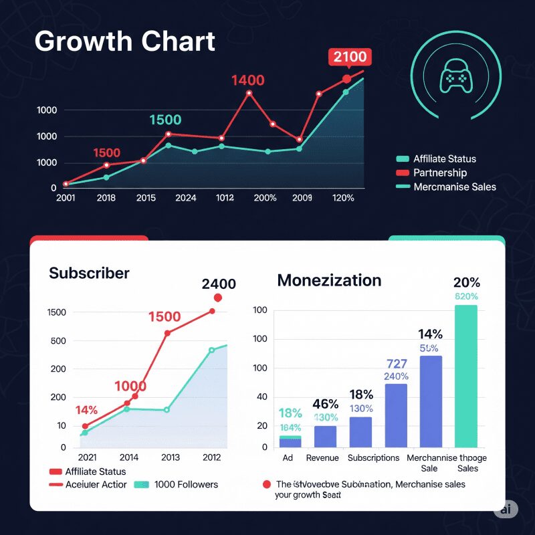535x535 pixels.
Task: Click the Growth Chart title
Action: [124, 41]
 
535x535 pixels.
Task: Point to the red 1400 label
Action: [248, 80]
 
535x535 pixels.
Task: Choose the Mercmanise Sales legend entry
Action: [454, 187]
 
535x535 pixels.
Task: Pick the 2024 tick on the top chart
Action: [185, 198]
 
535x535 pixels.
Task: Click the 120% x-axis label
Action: [342, 198]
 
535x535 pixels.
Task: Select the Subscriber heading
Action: [89, 273]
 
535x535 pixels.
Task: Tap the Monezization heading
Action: [329, 280]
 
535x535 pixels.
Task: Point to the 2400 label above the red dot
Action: [218, 284]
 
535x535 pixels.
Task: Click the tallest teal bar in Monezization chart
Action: [466, 375]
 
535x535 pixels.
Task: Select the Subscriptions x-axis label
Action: [373, 458]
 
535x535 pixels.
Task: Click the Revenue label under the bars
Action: [322, 458]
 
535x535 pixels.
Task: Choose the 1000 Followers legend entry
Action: [185, 484]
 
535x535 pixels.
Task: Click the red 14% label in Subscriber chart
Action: [86, 410]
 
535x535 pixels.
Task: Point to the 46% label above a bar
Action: [325, 404]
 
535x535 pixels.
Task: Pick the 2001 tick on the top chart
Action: [66, 198]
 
